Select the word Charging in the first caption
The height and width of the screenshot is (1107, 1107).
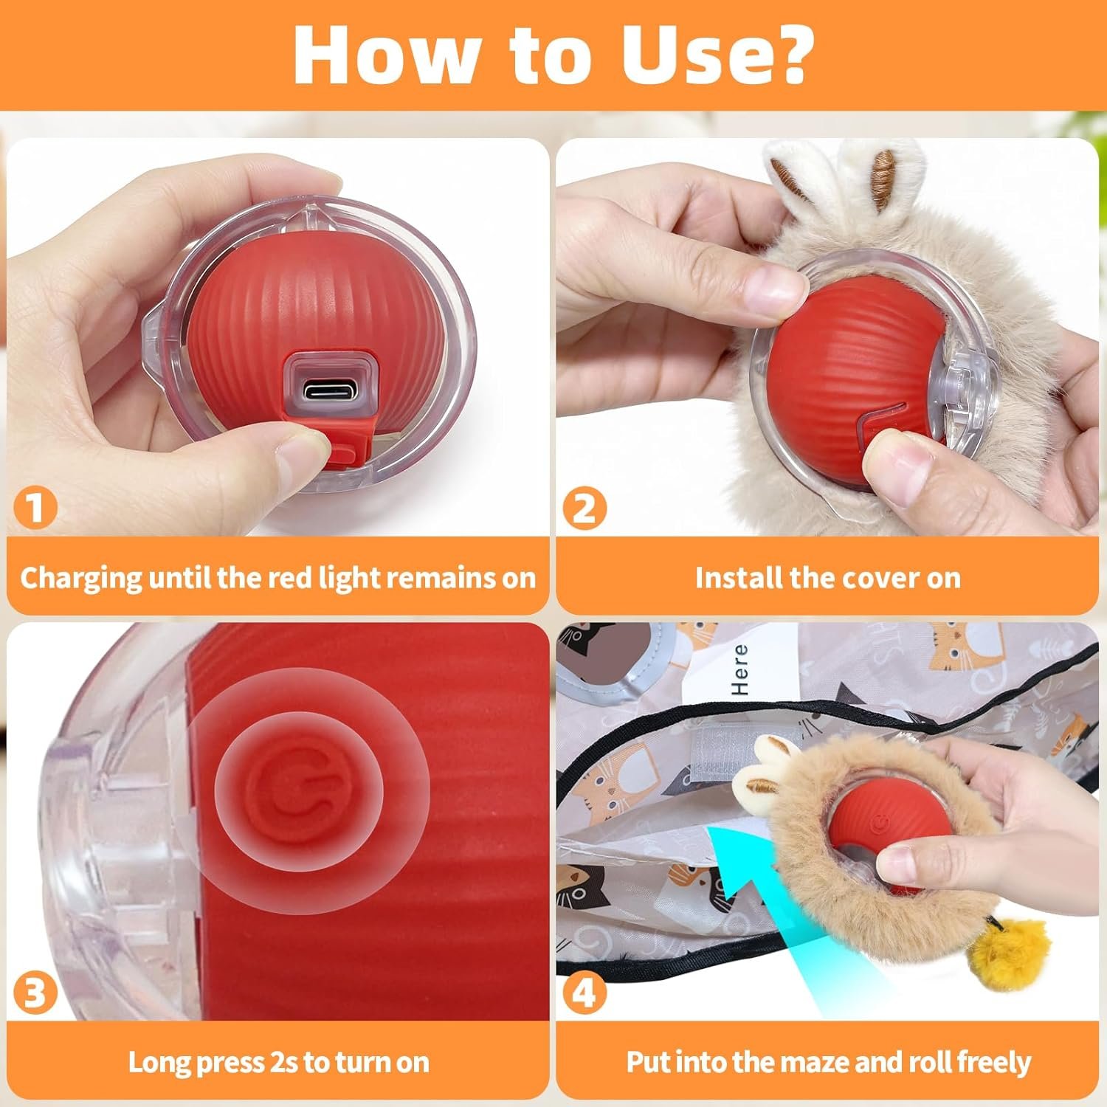81,578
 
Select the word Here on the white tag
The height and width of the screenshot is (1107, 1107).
740,669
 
